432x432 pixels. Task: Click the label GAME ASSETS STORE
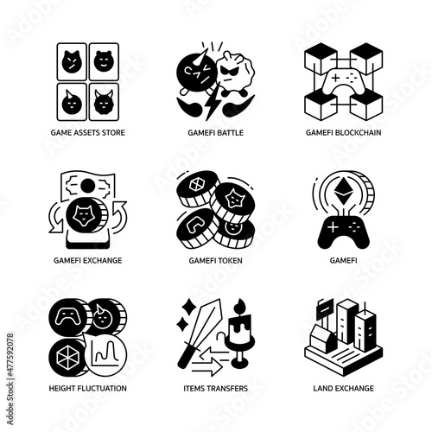tap(88, 133)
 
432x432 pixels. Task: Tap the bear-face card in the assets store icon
tap(104, 61)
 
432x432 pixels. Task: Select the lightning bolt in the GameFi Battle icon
tap(213, 101)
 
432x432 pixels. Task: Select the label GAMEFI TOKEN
tap(215, 261)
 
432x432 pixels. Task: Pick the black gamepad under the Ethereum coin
tap(343, 232)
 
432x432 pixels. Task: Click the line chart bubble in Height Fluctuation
tap(105, 355)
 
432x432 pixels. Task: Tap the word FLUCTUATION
tap(103, 389)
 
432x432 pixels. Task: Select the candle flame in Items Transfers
tap(240, 306)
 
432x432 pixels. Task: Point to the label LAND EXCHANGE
tap(344, 389)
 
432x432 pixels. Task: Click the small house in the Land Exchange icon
tap(323, 339)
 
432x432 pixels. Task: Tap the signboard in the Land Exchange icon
tap(325, 309)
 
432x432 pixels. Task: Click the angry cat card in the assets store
tap(72, 61)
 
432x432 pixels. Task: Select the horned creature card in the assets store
tap(104, 102)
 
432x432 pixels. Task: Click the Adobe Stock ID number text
tap(10, 356)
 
